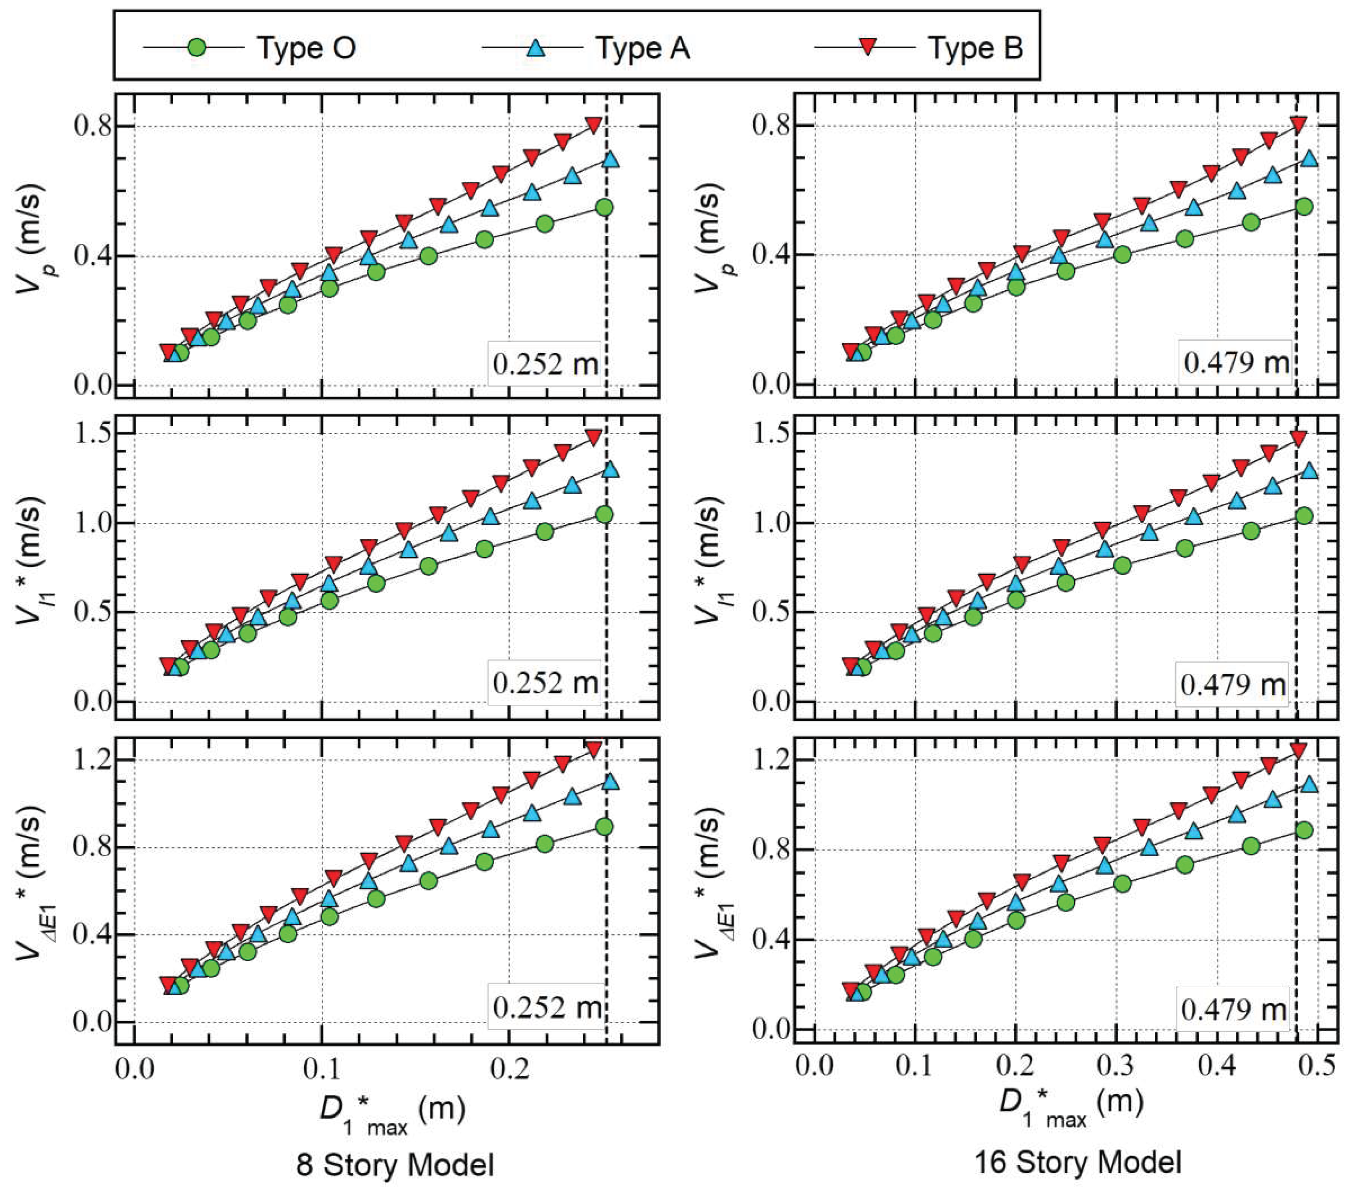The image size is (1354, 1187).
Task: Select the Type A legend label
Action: [x=643, y=48]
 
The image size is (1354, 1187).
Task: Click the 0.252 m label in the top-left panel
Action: [x=544, y=364]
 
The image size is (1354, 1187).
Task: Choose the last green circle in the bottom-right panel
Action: [x=1304, y=830]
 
